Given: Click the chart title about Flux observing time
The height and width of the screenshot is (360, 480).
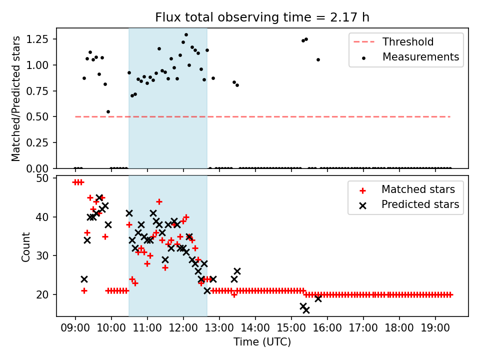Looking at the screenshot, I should click(x=262, y=17).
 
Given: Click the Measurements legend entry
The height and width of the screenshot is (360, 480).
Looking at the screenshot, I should click(x=420, y=57).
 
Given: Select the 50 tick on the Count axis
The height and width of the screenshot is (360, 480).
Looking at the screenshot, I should click(x=42, y=178).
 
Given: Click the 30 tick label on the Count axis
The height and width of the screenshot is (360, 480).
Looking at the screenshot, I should click(x=42, y=255).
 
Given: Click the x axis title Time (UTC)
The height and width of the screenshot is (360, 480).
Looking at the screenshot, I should click(x=262, y=342).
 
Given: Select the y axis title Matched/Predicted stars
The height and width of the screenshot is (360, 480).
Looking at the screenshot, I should click(x=16, y=98).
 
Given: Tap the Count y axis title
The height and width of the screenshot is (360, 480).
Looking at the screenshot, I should click(x=25, y=246).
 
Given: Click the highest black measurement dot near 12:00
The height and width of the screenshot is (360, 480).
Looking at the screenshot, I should click(x=186, y=35).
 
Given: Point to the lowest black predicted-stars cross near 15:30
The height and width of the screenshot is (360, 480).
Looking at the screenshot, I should click(x=306, y=310).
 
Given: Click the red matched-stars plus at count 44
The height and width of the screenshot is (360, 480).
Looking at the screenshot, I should click(x=159, y=201).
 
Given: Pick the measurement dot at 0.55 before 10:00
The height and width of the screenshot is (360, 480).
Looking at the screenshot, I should click(x=108, y=111).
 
